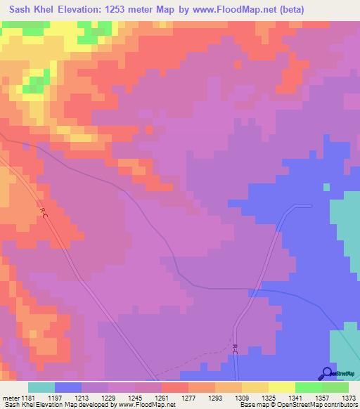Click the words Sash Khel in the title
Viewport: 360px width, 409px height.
(x=32, y=9)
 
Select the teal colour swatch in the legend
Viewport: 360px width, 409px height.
(x=41, y=387)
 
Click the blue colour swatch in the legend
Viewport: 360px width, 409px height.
(x=68, y=387)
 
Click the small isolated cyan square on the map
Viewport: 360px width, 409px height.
(x=326, y=187)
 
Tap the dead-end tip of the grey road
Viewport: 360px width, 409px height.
(x=310, y=206)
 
